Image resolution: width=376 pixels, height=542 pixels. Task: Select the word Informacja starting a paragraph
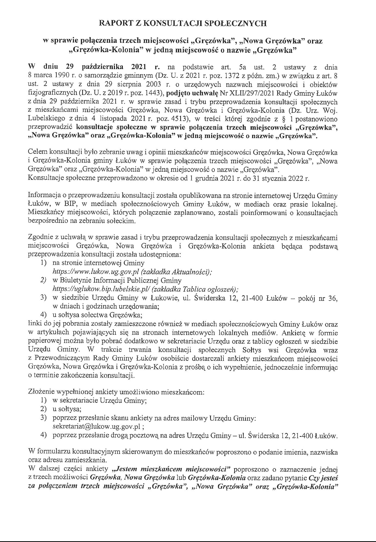point(43,196)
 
